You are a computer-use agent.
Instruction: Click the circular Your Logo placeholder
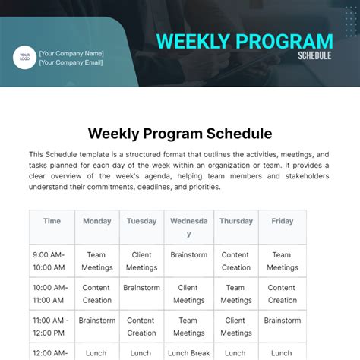[x=24, y=58]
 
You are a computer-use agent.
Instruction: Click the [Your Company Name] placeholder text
[x=71, y=53]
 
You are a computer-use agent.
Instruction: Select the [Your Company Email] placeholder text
[x=71, y=63]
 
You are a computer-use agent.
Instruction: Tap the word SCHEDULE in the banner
[x=315, y=56]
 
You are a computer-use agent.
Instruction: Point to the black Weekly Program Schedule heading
[x=180, y=134]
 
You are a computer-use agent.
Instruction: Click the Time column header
[x=52, y=221]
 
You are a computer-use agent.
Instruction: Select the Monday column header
[x=96, y=221]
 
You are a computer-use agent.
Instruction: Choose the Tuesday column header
[x=141, y=221]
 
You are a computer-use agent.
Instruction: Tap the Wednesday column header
[x=188, y=227]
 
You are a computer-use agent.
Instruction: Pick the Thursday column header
[x=235, y=221]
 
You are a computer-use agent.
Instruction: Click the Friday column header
[x=282, y=221]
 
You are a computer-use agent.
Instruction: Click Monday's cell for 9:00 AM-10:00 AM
[x=96, y=261]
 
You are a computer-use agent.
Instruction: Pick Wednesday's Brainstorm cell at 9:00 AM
[x=188, y=255]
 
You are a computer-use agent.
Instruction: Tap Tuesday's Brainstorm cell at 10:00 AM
[x=141, y=288]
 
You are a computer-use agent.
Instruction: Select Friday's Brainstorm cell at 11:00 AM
[x=282, y=321]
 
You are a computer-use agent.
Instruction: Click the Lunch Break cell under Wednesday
[x=188, y=353]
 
